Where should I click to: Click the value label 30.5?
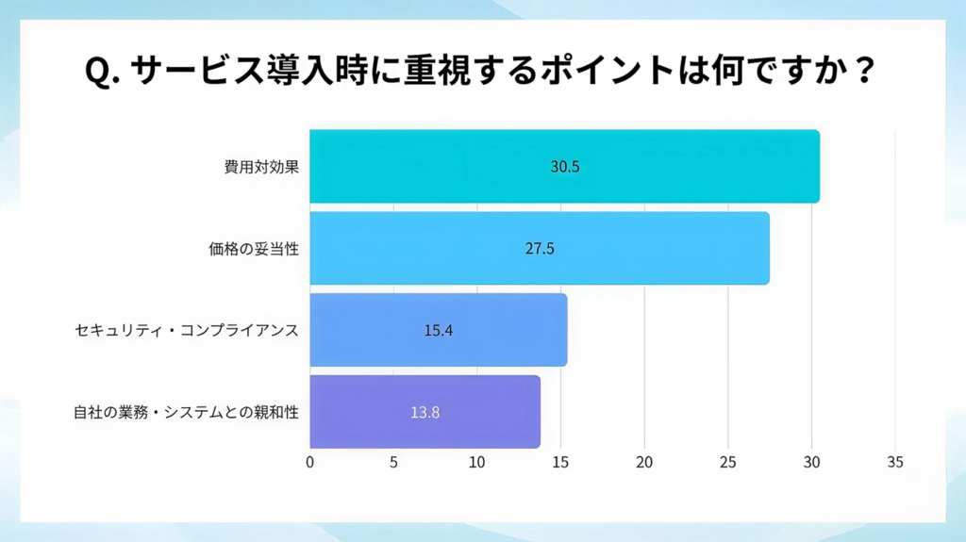[x=564, y=167]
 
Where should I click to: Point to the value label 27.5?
[x=540, y=249]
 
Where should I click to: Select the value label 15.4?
[x=439, y=331]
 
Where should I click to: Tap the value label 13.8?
[x=425, y=412]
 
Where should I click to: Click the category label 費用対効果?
[x=261, y=167]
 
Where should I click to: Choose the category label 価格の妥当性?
[x=254, y=249]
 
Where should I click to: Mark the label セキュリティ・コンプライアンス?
[x=187, y=331]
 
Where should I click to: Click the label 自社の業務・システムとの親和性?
[x=186, y=412]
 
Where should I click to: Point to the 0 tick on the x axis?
[x=310, y=462]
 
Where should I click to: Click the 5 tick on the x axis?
[x=393, y=462]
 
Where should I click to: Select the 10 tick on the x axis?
[x=477, y=462]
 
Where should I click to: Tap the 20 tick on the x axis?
[x=644, y=462]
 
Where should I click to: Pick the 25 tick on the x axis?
[x=728, y=462]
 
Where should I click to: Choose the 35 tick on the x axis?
[x=895, y=462]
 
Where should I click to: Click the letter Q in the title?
[x=98, y=73]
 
